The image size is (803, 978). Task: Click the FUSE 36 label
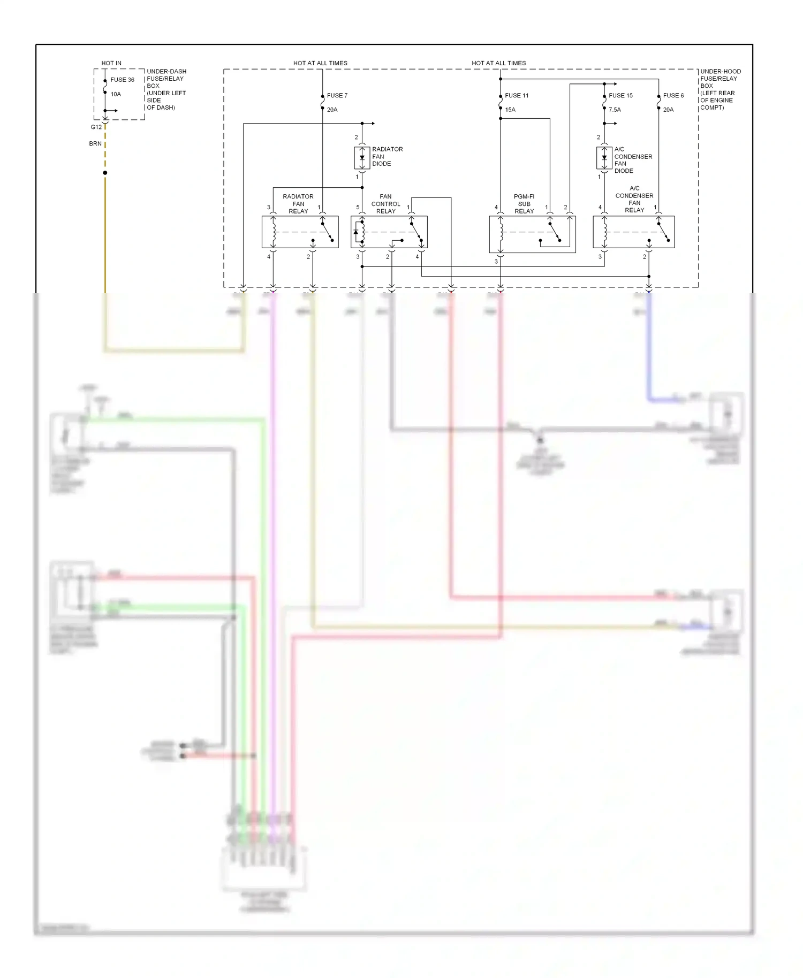(122, 80)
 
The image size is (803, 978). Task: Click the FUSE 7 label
(337, 95)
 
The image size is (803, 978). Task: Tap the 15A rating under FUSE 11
(510, 110)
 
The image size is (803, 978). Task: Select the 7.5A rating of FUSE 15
(615, 110)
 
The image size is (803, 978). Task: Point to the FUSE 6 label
(673, 95)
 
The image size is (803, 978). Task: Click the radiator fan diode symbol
(362, 158)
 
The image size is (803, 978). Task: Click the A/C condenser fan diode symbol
(604, 158)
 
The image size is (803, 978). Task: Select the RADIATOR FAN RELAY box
(300, 232)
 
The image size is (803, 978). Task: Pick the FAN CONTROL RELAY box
(389, 232)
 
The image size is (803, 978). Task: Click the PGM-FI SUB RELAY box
(532, 234)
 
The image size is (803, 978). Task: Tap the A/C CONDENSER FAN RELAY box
(633, 232)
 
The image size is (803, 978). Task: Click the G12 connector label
(96, 127)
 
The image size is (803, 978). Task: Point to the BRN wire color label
(95, 143)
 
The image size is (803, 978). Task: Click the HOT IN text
(111, 63)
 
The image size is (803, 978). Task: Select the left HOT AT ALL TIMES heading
(320, 63)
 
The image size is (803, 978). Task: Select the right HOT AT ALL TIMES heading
(498, 63)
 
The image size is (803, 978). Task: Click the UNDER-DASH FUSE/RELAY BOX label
(166, 89)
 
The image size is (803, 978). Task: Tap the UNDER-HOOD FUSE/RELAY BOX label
(720, 89)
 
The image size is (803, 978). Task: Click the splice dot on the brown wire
(105, 173)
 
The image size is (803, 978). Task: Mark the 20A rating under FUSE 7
(332, 110)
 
